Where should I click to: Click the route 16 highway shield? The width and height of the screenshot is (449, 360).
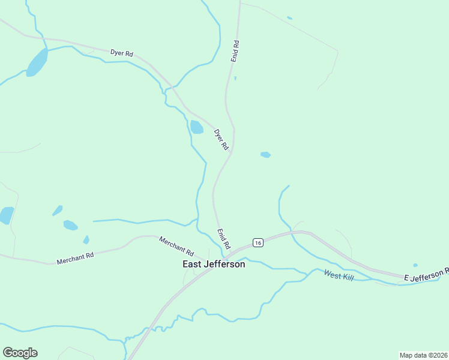[258, 242]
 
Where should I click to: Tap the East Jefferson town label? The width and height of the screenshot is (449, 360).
[214, 264]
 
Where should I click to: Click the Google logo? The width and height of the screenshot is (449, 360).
[20, 353]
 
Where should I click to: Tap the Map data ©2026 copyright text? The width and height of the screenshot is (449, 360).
[423, 355]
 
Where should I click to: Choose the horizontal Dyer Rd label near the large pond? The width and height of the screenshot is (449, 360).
[121, 53]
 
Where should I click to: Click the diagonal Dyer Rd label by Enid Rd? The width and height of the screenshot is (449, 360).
[221, 140]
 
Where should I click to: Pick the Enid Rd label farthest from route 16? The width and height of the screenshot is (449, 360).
[235, 52]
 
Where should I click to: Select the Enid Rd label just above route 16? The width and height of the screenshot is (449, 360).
[223, 239]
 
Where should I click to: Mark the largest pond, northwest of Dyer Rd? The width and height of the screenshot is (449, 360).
[37, 62]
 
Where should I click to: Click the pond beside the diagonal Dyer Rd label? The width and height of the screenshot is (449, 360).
[196, 127]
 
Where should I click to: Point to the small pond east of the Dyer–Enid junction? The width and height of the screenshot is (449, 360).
[265, 155]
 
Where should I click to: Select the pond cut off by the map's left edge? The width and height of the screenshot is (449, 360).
[5, 215]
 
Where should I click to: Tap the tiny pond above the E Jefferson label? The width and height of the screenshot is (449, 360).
[415, 265]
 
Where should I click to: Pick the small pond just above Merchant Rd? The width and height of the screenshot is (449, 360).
[86, 240]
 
